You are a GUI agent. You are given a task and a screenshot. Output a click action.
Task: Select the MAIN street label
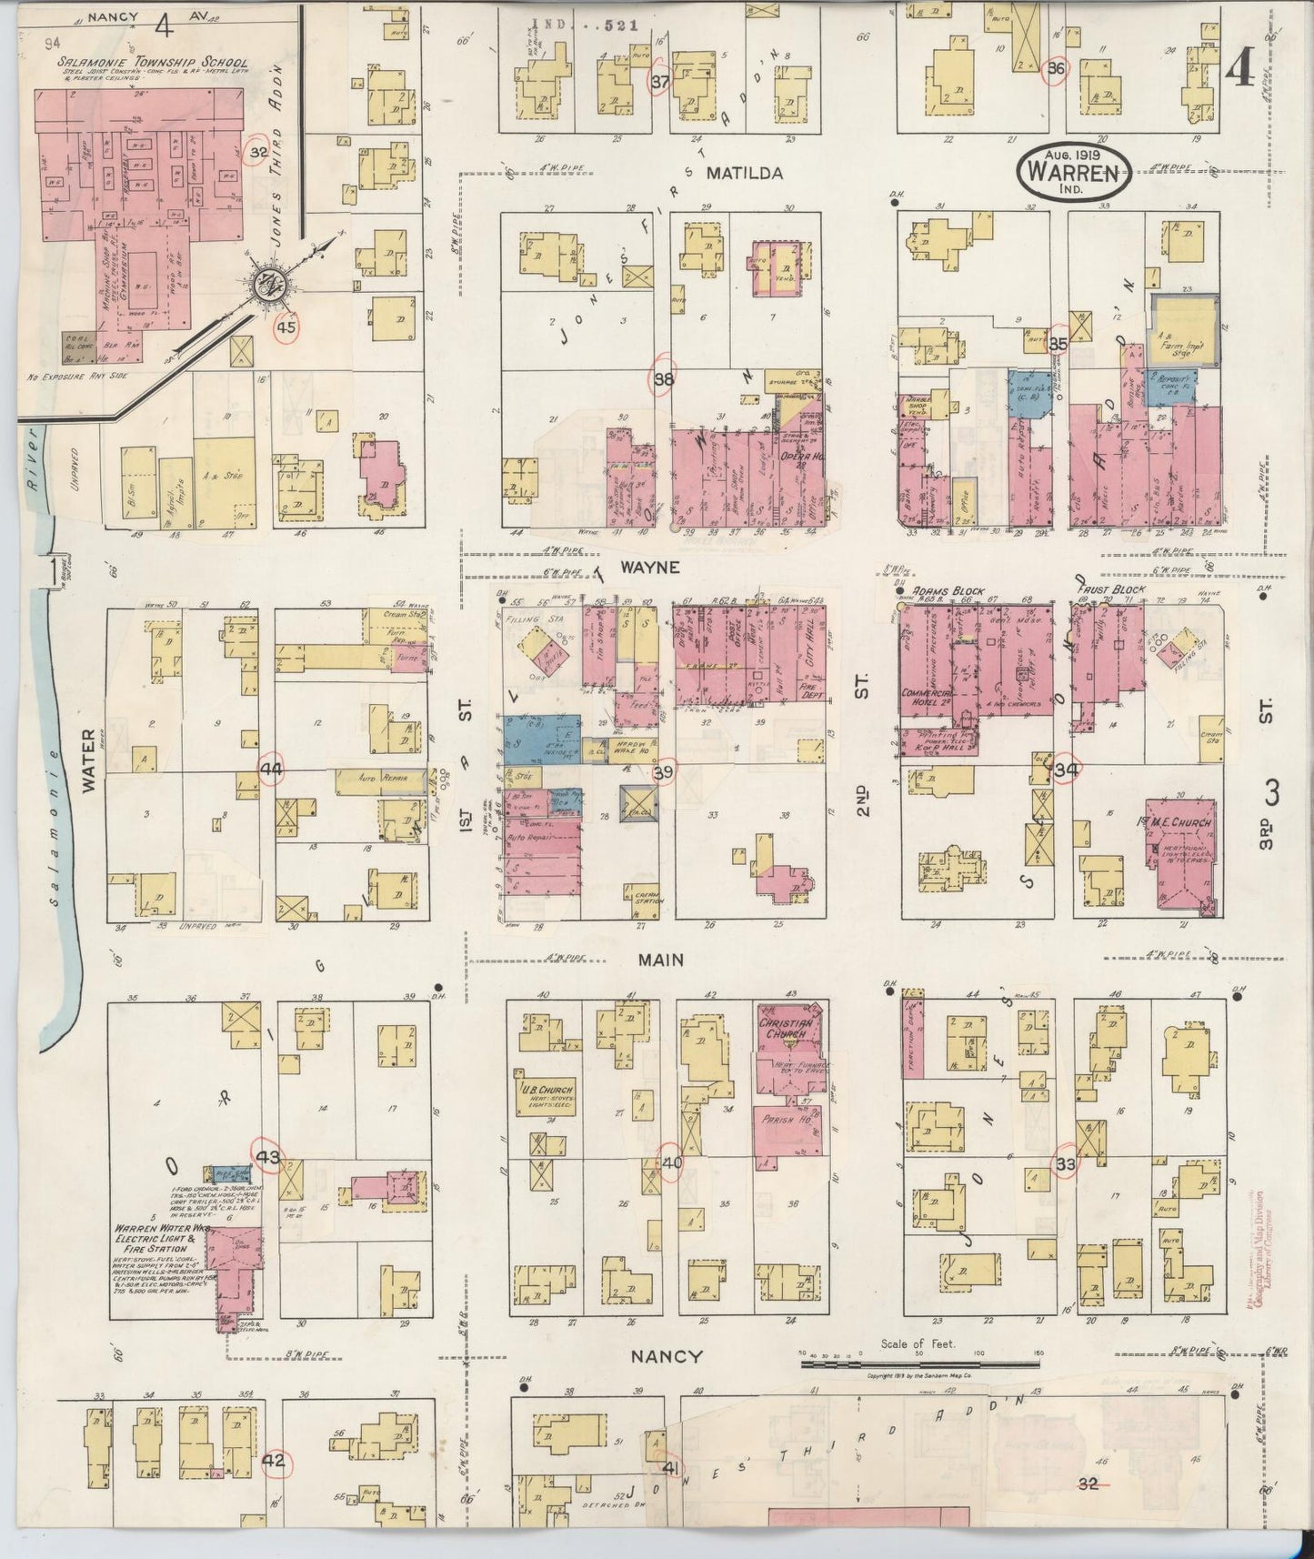[660, 960]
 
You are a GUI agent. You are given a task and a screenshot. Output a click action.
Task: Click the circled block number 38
[663, 380]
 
